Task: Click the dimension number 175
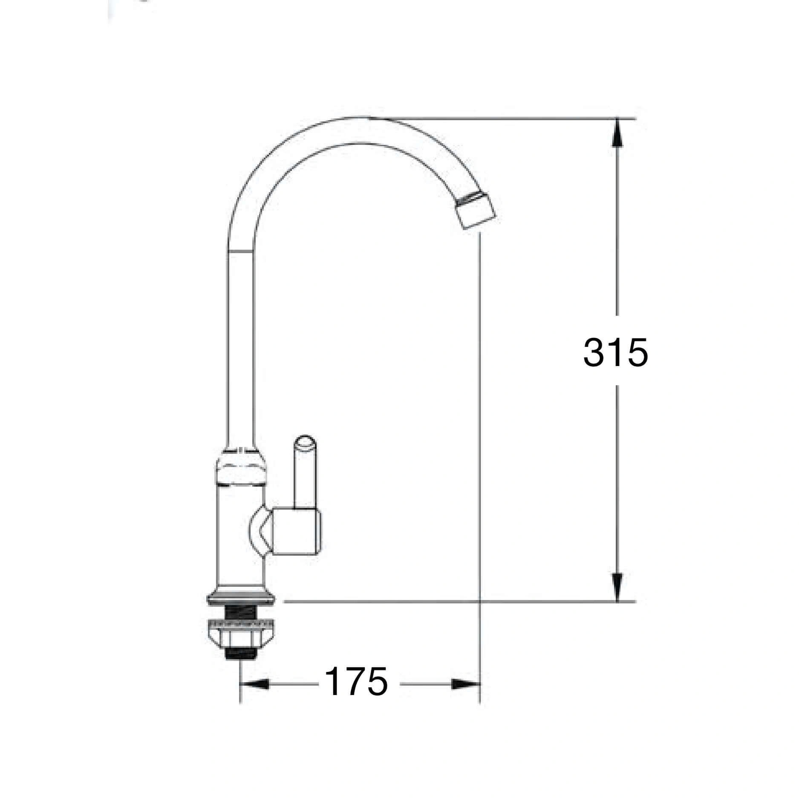(357, 693)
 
